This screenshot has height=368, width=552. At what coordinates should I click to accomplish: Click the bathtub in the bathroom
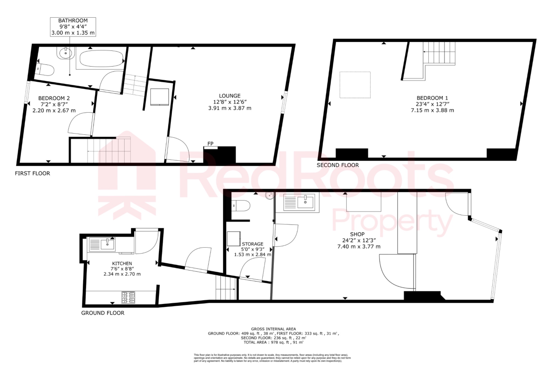101,59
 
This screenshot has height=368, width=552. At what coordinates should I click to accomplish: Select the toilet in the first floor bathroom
45,70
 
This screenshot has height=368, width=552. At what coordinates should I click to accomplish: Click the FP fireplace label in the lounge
211,144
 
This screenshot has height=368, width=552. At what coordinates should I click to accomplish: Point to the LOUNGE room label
230,96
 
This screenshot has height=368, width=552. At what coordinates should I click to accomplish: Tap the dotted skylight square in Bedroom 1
355,85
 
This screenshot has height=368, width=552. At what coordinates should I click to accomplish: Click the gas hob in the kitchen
128,297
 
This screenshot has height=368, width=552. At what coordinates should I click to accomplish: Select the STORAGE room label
253,244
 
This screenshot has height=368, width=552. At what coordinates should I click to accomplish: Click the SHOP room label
357,234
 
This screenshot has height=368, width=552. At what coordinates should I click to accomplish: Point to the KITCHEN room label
122,263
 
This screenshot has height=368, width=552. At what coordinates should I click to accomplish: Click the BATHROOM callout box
73,27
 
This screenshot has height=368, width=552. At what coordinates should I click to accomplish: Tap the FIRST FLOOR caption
32,173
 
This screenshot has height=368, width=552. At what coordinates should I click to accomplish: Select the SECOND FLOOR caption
338,165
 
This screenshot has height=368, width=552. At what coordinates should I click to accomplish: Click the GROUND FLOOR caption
103,313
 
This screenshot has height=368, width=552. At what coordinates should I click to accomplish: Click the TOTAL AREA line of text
273,342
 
